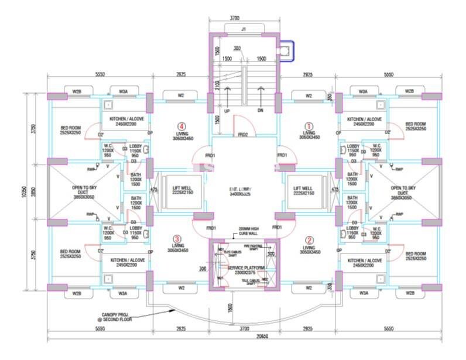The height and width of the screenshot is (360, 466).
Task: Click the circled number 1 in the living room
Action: point(310,125)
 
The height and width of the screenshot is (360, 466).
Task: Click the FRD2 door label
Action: point(242,135)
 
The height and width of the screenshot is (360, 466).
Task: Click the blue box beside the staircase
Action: point(286,51)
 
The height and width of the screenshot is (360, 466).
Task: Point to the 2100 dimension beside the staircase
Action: point(216,87)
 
